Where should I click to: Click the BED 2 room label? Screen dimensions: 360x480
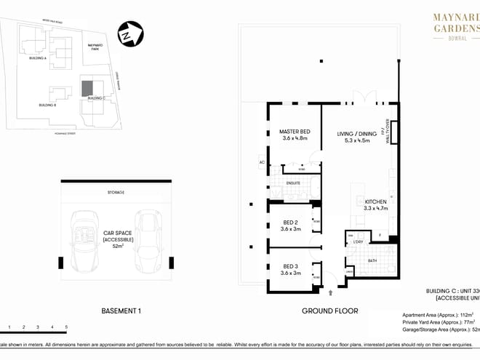(291, 225)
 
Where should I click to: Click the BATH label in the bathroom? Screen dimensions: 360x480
(372, 260)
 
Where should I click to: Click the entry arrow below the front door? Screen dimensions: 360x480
(332, 292)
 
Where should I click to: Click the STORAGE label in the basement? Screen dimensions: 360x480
(116, 192)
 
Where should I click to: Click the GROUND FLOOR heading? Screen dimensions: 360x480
(330, 311)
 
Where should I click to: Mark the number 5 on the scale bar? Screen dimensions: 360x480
(66, 328)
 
